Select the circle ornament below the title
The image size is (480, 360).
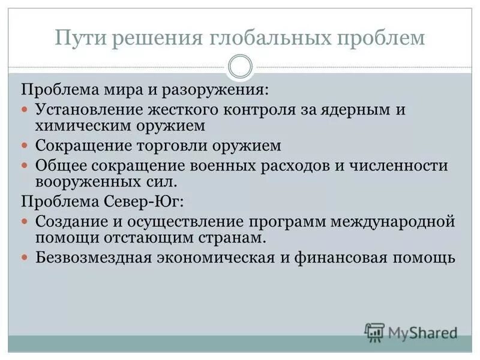(x=240, y=66)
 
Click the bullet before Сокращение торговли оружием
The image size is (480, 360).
(x=25, y=146)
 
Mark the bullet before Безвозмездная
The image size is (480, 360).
(x=25, y=256)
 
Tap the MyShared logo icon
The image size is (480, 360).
(x=374, y=331)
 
